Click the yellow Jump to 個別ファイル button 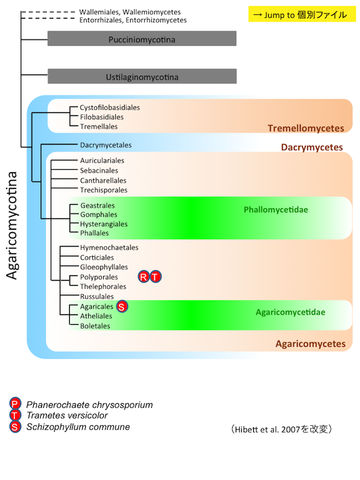298,14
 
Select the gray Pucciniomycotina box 142,40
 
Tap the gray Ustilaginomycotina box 142,76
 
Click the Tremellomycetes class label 305,128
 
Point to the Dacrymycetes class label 311,147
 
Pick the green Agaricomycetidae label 290,312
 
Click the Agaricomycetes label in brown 310,344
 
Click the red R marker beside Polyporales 144,277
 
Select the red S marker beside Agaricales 122,307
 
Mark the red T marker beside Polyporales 155,277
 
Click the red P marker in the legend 15,404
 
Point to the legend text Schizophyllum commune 78,427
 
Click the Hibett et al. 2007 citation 281,430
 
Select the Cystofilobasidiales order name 110,107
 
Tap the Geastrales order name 95,205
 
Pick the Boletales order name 95,326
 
